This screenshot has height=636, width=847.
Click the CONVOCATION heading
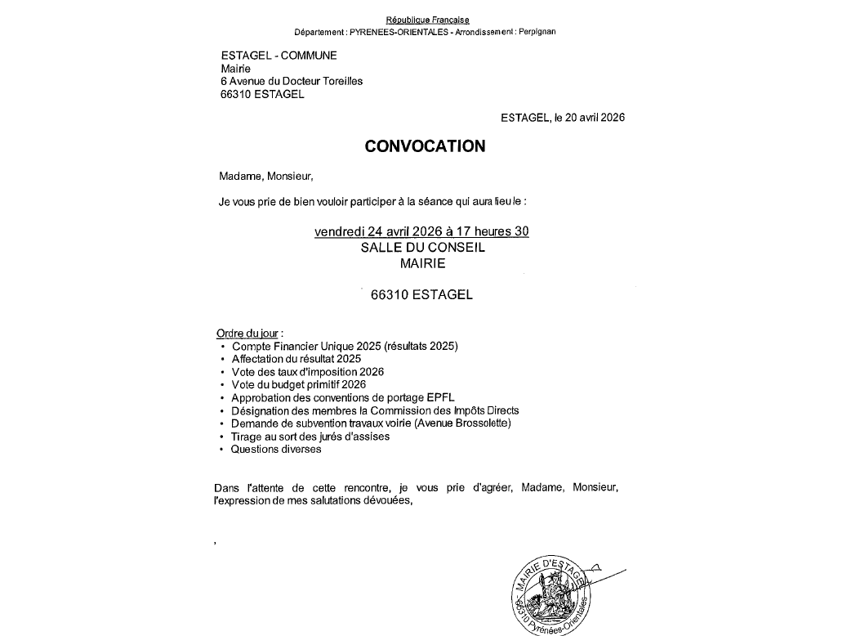[x=424, y=146]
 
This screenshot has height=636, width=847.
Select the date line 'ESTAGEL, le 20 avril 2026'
[x=562, y=118]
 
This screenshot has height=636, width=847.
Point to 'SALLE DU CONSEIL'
[x=422, y=248]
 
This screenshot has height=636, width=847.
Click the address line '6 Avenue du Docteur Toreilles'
[x=292, y=81]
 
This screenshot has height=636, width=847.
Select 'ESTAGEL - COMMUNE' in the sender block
[x=279, y=55]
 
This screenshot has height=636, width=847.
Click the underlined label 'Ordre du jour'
[x=247, y=334]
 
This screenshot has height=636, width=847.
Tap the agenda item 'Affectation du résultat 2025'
[x=296, y=358]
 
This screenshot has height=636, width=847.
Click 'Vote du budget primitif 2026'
[x=298, y=384]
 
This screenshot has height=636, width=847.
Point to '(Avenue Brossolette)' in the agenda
[x=470, y=423]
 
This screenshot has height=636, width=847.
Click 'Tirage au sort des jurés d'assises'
[x=310, y=436]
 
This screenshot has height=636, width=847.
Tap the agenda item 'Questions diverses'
[x=276, y=449]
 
